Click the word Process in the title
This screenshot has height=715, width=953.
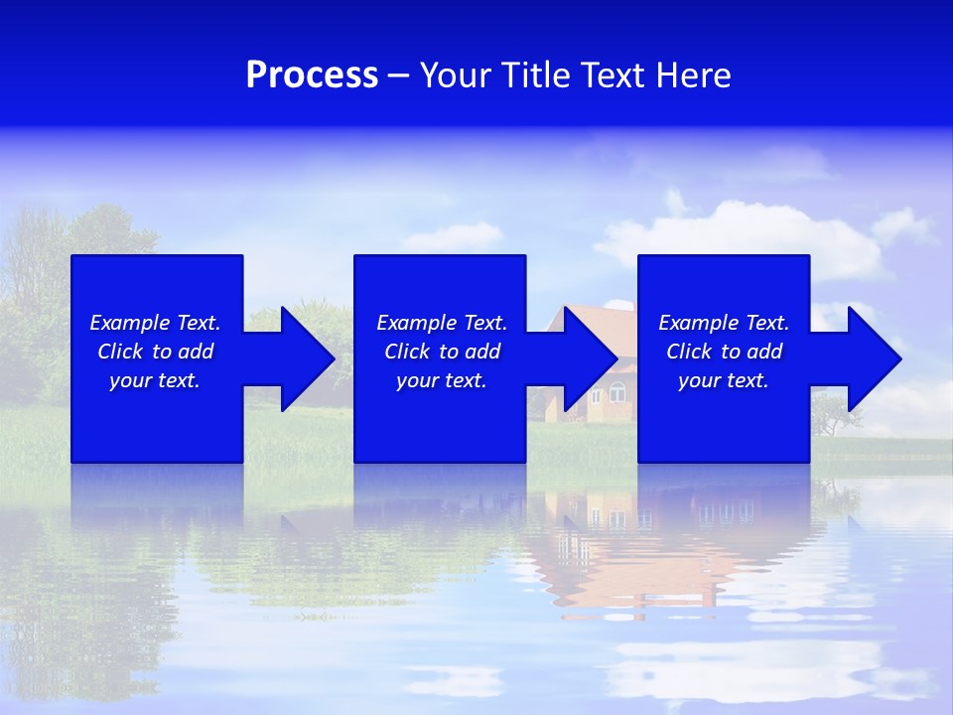[312, 75]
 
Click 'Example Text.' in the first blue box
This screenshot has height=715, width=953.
[155, 323]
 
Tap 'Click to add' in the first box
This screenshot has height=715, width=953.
[155, 352]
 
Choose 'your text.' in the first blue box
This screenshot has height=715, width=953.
[155, 380]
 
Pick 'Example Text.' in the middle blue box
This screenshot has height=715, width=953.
[442, 323]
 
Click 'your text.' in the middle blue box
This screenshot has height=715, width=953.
[442, 380]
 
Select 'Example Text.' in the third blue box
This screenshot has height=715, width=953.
[724, 323]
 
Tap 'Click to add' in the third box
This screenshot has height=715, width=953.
[724, 352]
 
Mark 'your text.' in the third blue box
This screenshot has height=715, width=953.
[724, 380]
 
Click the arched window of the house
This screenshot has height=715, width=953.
[616, 394]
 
